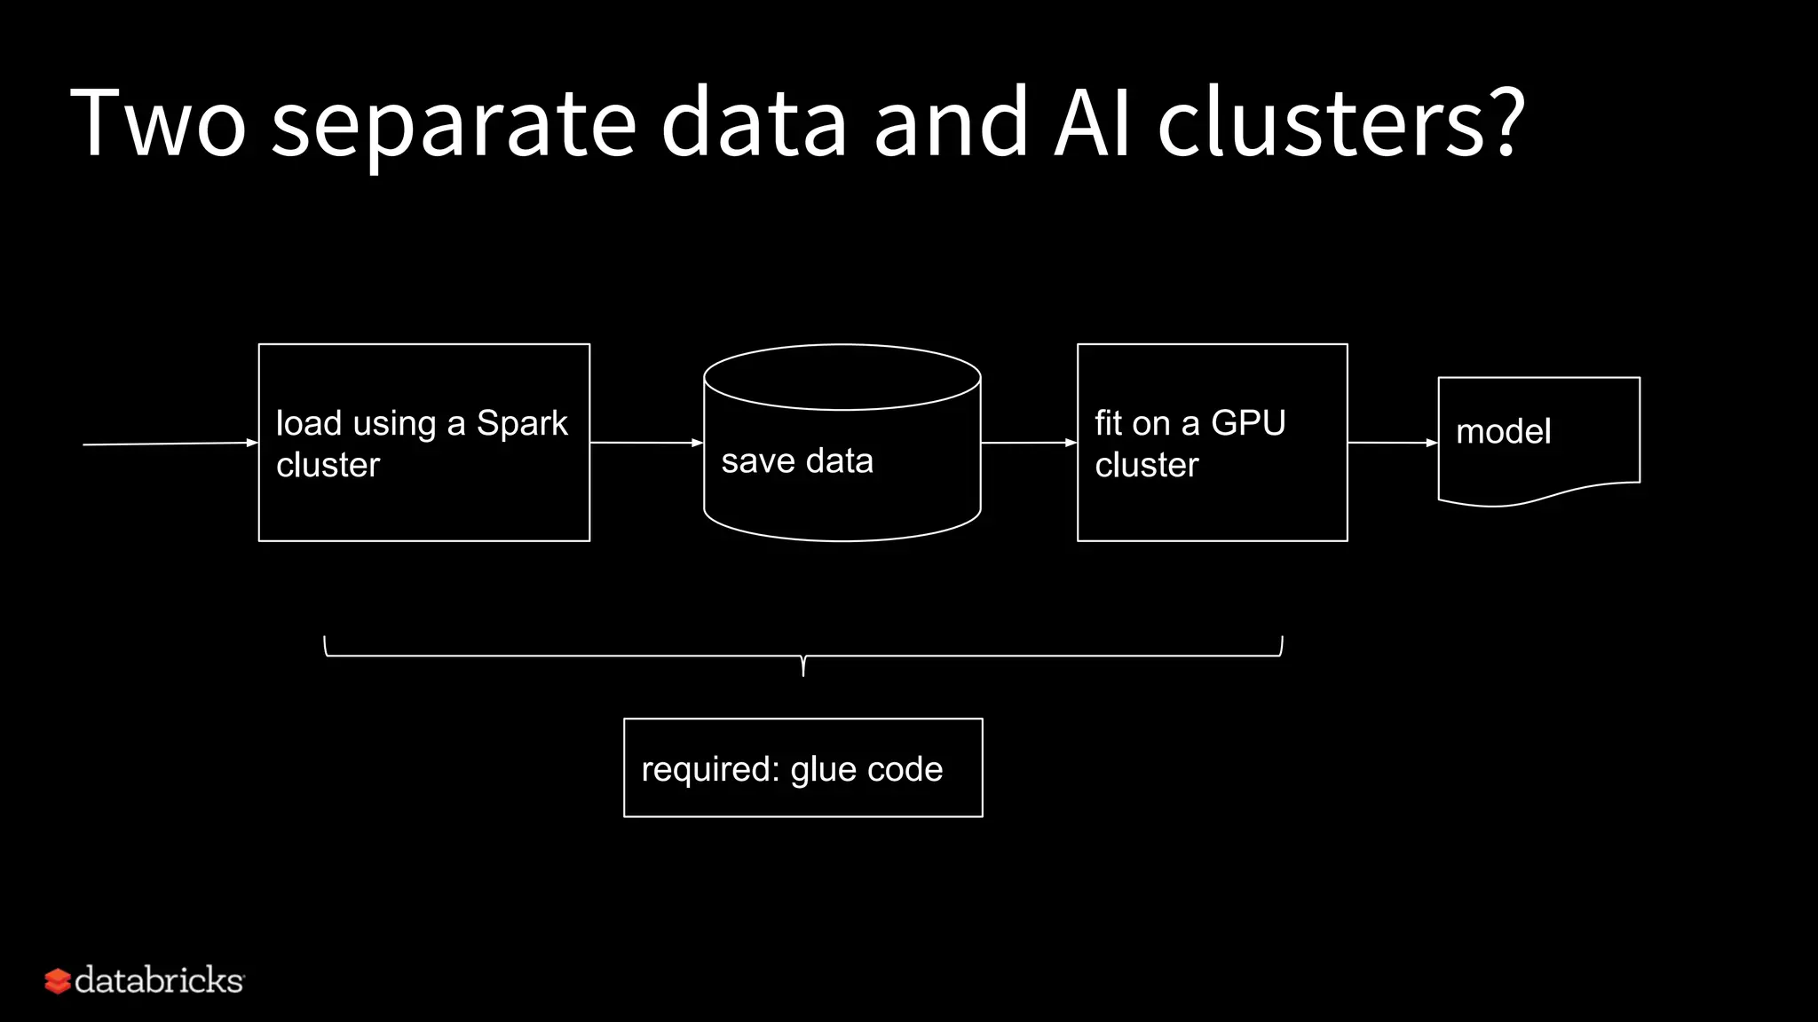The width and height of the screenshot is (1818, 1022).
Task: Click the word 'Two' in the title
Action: point(158,122)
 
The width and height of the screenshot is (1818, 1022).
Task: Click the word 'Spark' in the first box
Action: point(522,423)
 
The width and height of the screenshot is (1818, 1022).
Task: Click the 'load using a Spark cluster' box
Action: point(423,506)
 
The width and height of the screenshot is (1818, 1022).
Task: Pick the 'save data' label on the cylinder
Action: point(797,461)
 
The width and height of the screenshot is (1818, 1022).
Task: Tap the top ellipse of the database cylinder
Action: point(842,377)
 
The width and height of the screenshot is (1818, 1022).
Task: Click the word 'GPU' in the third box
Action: point(1248,423)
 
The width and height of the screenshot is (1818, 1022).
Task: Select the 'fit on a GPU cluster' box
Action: point(1212,506)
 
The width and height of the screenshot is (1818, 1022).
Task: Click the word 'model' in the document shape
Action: point(1503,432)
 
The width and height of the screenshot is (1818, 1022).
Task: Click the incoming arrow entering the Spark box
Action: point(169,444)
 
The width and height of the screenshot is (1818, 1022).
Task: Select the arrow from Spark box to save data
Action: point(646,442)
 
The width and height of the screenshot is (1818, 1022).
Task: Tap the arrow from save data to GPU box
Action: point(1028,442)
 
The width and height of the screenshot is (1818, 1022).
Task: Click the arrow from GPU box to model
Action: point(1392,442)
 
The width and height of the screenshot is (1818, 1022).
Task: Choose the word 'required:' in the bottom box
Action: point(710,769)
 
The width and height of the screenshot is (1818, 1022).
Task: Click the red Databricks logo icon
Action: point(58,981)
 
